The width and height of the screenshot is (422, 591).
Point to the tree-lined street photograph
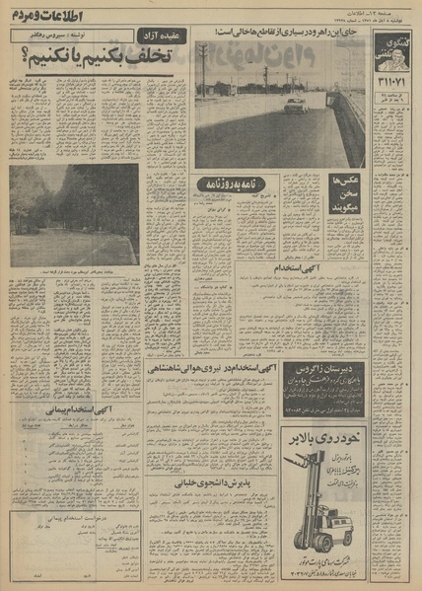tap(73, 214)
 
